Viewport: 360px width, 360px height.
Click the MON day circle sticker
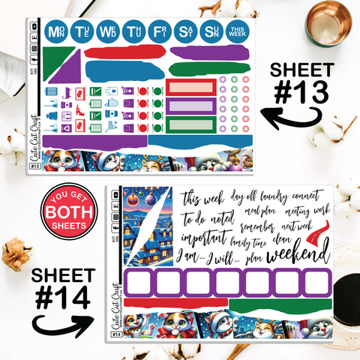55,32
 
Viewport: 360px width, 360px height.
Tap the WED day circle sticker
109,32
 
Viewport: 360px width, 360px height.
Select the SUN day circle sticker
211,32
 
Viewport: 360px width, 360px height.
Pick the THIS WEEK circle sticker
237,32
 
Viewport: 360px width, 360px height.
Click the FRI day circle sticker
160,32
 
